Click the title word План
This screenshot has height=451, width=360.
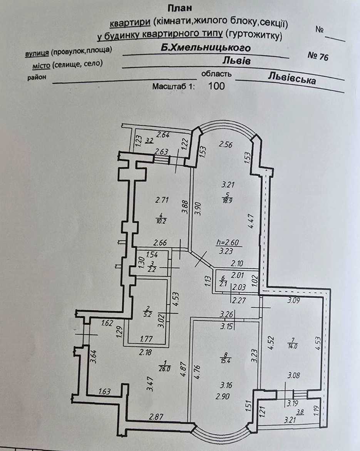point(180,8)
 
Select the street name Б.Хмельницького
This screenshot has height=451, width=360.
point(206,47)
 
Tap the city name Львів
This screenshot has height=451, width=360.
point(236,60)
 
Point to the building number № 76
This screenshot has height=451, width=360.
point(318,56)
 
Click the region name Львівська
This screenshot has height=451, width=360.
point(292,78)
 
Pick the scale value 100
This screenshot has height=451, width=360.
point(216,86)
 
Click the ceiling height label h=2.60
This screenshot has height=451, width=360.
point(228,243)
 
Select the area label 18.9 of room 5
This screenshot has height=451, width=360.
point(227,201)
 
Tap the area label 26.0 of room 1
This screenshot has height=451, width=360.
point(164,369)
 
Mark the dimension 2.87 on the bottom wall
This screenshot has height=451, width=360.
point(156,416)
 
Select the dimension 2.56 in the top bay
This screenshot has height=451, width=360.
point(226,144)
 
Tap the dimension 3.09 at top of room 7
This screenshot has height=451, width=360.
point(293,300)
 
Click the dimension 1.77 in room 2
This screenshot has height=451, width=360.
point(146,339)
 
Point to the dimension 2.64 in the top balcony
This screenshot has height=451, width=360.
point(163,135)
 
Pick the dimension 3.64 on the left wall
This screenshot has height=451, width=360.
point(94,356)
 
